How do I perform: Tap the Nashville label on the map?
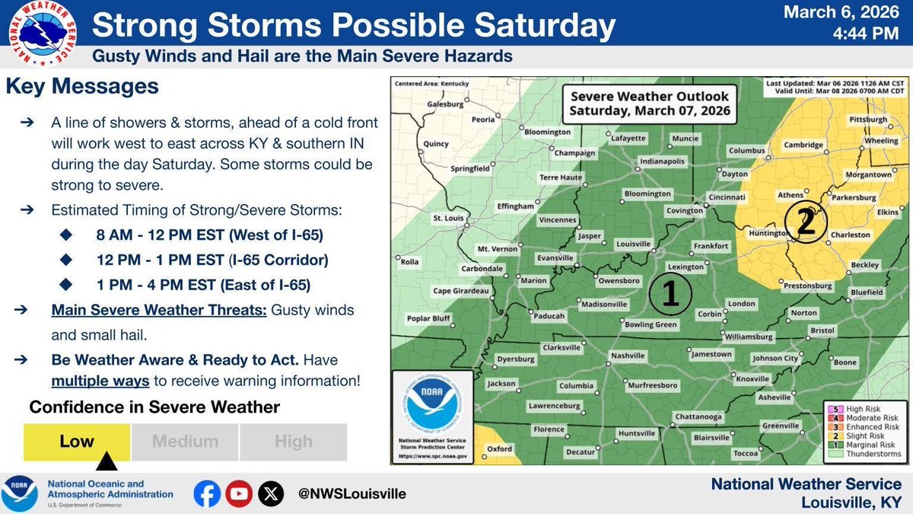(628, 356)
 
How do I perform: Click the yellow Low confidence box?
(77, 442)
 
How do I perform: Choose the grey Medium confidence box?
(185, 442)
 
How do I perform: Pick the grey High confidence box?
(293, 442)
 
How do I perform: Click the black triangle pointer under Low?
(107, 461)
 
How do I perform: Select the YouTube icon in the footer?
(238, 493)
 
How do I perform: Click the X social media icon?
(270, 493)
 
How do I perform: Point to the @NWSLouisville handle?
(352, 493)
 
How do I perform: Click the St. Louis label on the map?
(448, 219)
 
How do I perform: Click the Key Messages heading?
(82, 87)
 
